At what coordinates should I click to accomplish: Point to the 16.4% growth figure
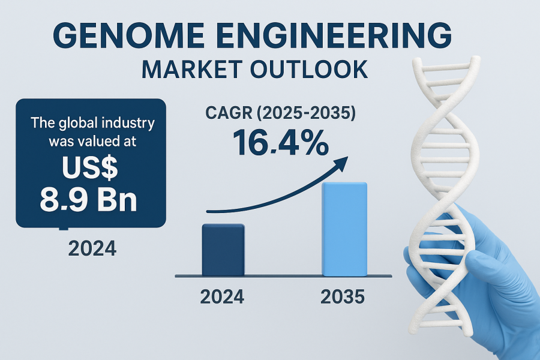coord(281,143)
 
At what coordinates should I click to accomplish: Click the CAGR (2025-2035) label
coord(281,113)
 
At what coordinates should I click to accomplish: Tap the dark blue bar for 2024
coord(223,250)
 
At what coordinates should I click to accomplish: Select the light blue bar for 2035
coord(344,229)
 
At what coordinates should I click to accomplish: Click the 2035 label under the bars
coord(343,297)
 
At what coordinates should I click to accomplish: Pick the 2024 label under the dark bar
coord(222,297)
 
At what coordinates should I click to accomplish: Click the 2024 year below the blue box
coord(92,248)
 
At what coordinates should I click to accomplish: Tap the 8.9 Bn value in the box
coord(89,200)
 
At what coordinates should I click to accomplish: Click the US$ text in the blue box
coord(90,169)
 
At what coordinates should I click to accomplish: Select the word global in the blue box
coord(74,124)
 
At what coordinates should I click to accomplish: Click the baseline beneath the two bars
coord(283,276)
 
